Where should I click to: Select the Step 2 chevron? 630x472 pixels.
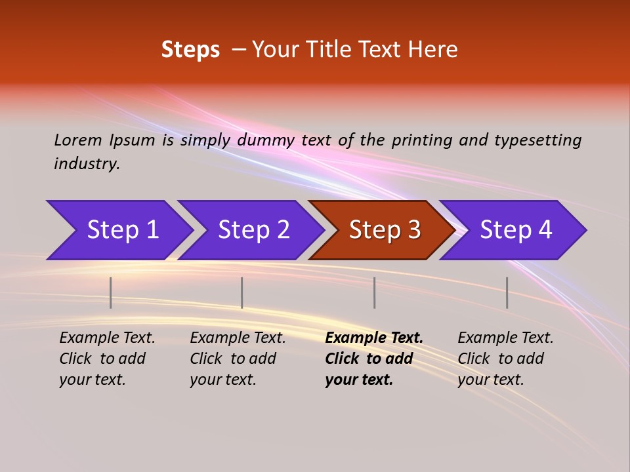click(x=253, y=230)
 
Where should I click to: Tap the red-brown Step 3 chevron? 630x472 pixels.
click(x=385, y=230)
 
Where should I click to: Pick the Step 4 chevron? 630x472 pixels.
click(x=516, y=230)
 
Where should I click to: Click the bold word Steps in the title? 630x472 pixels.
click(x=190, y=50)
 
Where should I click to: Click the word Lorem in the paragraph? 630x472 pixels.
click(x=77, y=140)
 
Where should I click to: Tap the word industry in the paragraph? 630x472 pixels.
click(x=86, y=163)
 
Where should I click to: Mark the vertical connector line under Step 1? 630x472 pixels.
click(x=111, y=292)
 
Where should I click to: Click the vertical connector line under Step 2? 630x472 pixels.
click(x=242, y=292)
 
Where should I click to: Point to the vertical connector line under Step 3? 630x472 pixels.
click(x=375, y=292)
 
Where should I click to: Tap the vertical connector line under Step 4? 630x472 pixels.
click(x=507, y=292)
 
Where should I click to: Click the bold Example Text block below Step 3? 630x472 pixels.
click(x=374, y=359)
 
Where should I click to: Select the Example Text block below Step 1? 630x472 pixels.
click(x=107, y=359)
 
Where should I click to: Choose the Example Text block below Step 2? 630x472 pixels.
click(x=238, y=359)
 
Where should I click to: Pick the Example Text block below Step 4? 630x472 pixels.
click(x=505, y=359)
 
